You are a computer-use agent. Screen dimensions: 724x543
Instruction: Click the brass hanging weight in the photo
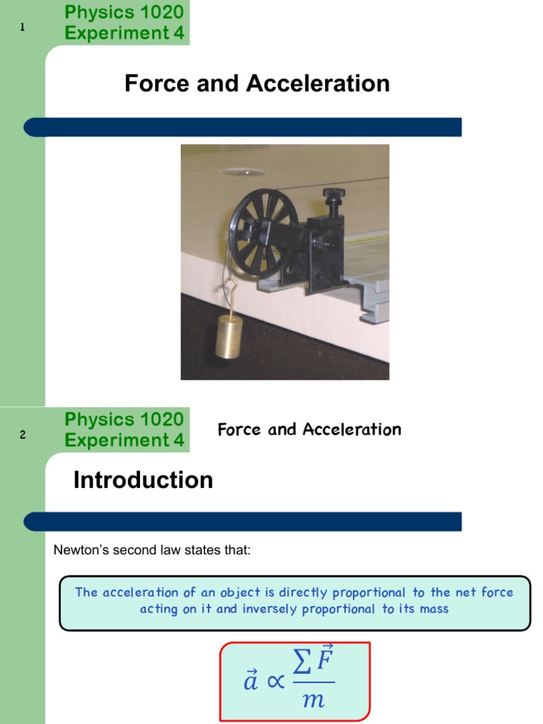[x=229, y=337]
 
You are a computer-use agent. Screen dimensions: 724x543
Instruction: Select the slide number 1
[x=23, y=28]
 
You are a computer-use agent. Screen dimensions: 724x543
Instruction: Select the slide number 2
[x=23, y=435]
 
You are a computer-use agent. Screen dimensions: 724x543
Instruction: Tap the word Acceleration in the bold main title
[x=318, y=83]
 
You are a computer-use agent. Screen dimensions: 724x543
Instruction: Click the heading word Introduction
[x=143, y=480]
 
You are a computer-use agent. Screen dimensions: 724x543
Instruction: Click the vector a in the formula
[x=250, y=683]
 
